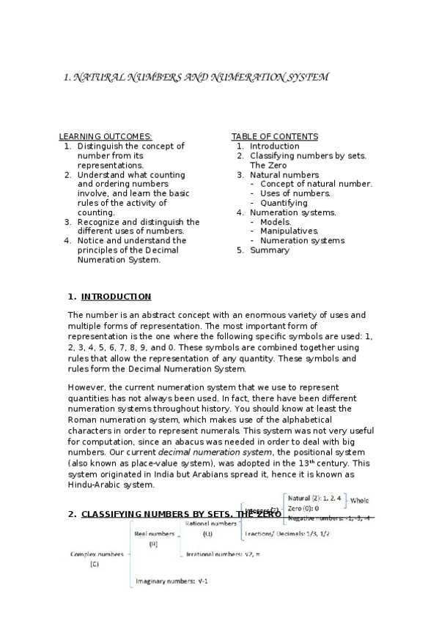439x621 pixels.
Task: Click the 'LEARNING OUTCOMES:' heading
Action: [106, 137]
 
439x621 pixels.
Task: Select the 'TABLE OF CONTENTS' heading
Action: [275, 137]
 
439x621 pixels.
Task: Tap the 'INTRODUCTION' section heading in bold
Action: [116, 297]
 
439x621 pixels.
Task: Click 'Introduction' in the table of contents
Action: [275, 146]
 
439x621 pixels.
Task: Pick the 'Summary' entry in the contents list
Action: [270, 250]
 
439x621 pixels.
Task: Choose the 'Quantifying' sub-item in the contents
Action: [284, 203]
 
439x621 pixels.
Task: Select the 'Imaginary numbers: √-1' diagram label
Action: [172, 582]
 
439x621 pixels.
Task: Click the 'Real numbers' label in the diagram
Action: [155, 534]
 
